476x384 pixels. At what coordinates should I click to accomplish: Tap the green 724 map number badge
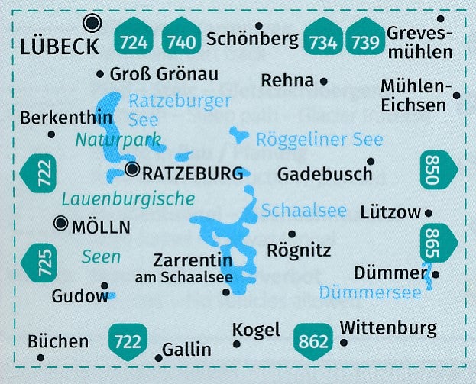(x=135, y=37)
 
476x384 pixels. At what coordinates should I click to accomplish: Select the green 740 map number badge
(x=180, y=37)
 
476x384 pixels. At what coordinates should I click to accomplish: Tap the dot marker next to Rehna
(x=324, y=80)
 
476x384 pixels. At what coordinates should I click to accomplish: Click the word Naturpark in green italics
(x=118, y=140)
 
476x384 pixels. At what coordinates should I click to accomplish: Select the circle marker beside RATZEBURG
(x=133, y=169)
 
